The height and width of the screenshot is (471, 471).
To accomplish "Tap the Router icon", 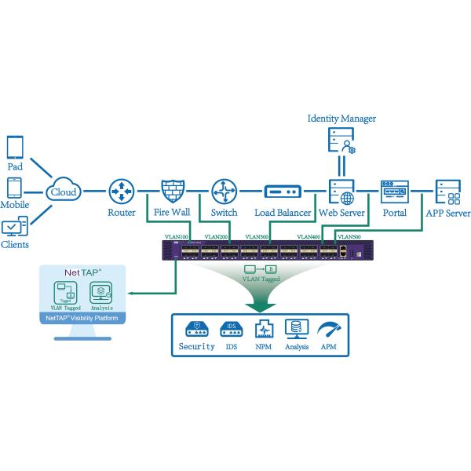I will click(x=121, y=191).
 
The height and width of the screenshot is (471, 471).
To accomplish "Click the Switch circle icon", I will click(x=224, y=191).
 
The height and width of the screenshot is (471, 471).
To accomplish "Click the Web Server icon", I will click(x=340, y=191).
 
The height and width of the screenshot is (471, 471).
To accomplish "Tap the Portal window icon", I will click(x=394, y=191).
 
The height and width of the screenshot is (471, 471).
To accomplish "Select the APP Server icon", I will click(x=448, y=191).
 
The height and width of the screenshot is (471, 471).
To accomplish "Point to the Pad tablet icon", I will click(x=15, y=148).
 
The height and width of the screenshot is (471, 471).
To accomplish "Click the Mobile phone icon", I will click(x=15, y=188).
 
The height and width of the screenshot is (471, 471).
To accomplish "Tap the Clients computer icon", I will click(x=15, y=228).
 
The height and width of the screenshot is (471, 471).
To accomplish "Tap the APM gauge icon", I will click(x=328, y=327).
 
